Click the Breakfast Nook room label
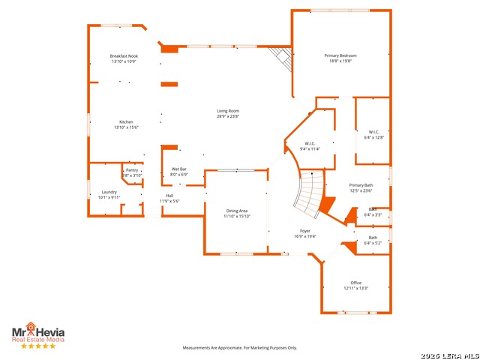[124, 56]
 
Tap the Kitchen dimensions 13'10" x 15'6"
[127, 127]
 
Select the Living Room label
[228, 111]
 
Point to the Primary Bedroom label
[340, 55]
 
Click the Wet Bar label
[179, 169]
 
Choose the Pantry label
[132, 170]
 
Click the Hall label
[170, 196]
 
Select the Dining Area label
[237, 211]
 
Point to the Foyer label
[305, 231]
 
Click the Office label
[355, 283]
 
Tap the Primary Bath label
[361, 184]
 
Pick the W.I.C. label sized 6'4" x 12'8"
[373, 132]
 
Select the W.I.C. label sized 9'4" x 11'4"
[310, 143]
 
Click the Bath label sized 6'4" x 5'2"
[373, 238]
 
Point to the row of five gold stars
[37, 346]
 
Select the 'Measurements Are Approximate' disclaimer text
[240, 347]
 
